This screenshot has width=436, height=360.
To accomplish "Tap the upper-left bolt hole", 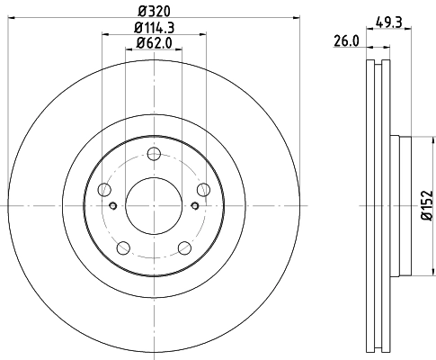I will click(x=104, y=189).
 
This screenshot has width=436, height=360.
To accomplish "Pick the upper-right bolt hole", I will click(x=204, y=188).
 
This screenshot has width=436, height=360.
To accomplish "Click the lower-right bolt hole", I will click(x=184, y=247).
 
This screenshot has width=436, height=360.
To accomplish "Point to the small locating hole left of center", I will click(x=113, y=205).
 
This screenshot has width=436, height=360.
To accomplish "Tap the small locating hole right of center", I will click(x=195, y=205).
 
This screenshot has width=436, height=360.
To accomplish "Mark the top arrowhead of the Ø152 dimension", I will click(x=414, y=138).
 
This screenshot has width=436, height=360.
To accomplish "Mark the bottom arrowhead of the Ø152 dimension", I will click(x=414, y=274).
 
